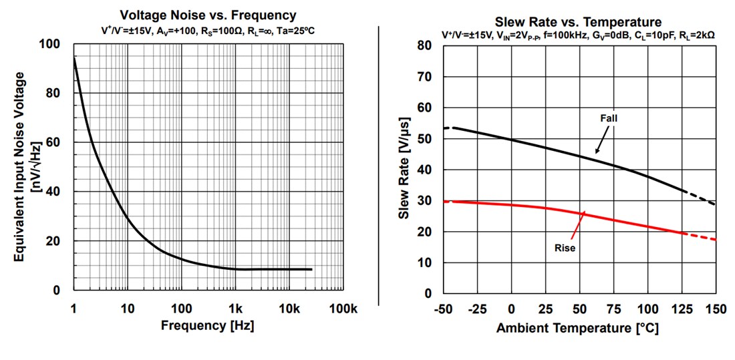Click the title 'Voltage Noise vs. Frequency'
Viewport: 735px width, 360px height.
pos(208,15)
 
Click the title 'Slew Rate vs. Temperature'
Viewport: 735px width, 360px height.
pos(579,21)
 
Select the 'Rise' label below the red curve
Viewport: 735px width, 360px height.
pos(565,247)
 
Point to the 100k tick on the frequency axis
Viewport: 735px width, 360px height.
pos(343,309)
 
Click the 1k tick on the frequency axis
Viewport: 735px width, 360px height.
pos(235,309)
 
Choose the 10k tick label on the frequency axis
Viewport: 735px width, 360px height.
pos(289,309)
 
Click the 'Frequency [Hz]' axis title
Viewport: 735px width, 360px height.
pos(208,325)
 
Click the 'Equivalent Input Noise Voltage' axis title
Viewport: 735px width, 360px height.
pos(20,167)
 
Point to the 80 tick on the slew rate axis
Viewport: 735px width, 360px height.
pos(425,45)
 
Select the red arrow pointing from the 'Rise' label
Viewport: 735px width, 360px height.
pos(577,223)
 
